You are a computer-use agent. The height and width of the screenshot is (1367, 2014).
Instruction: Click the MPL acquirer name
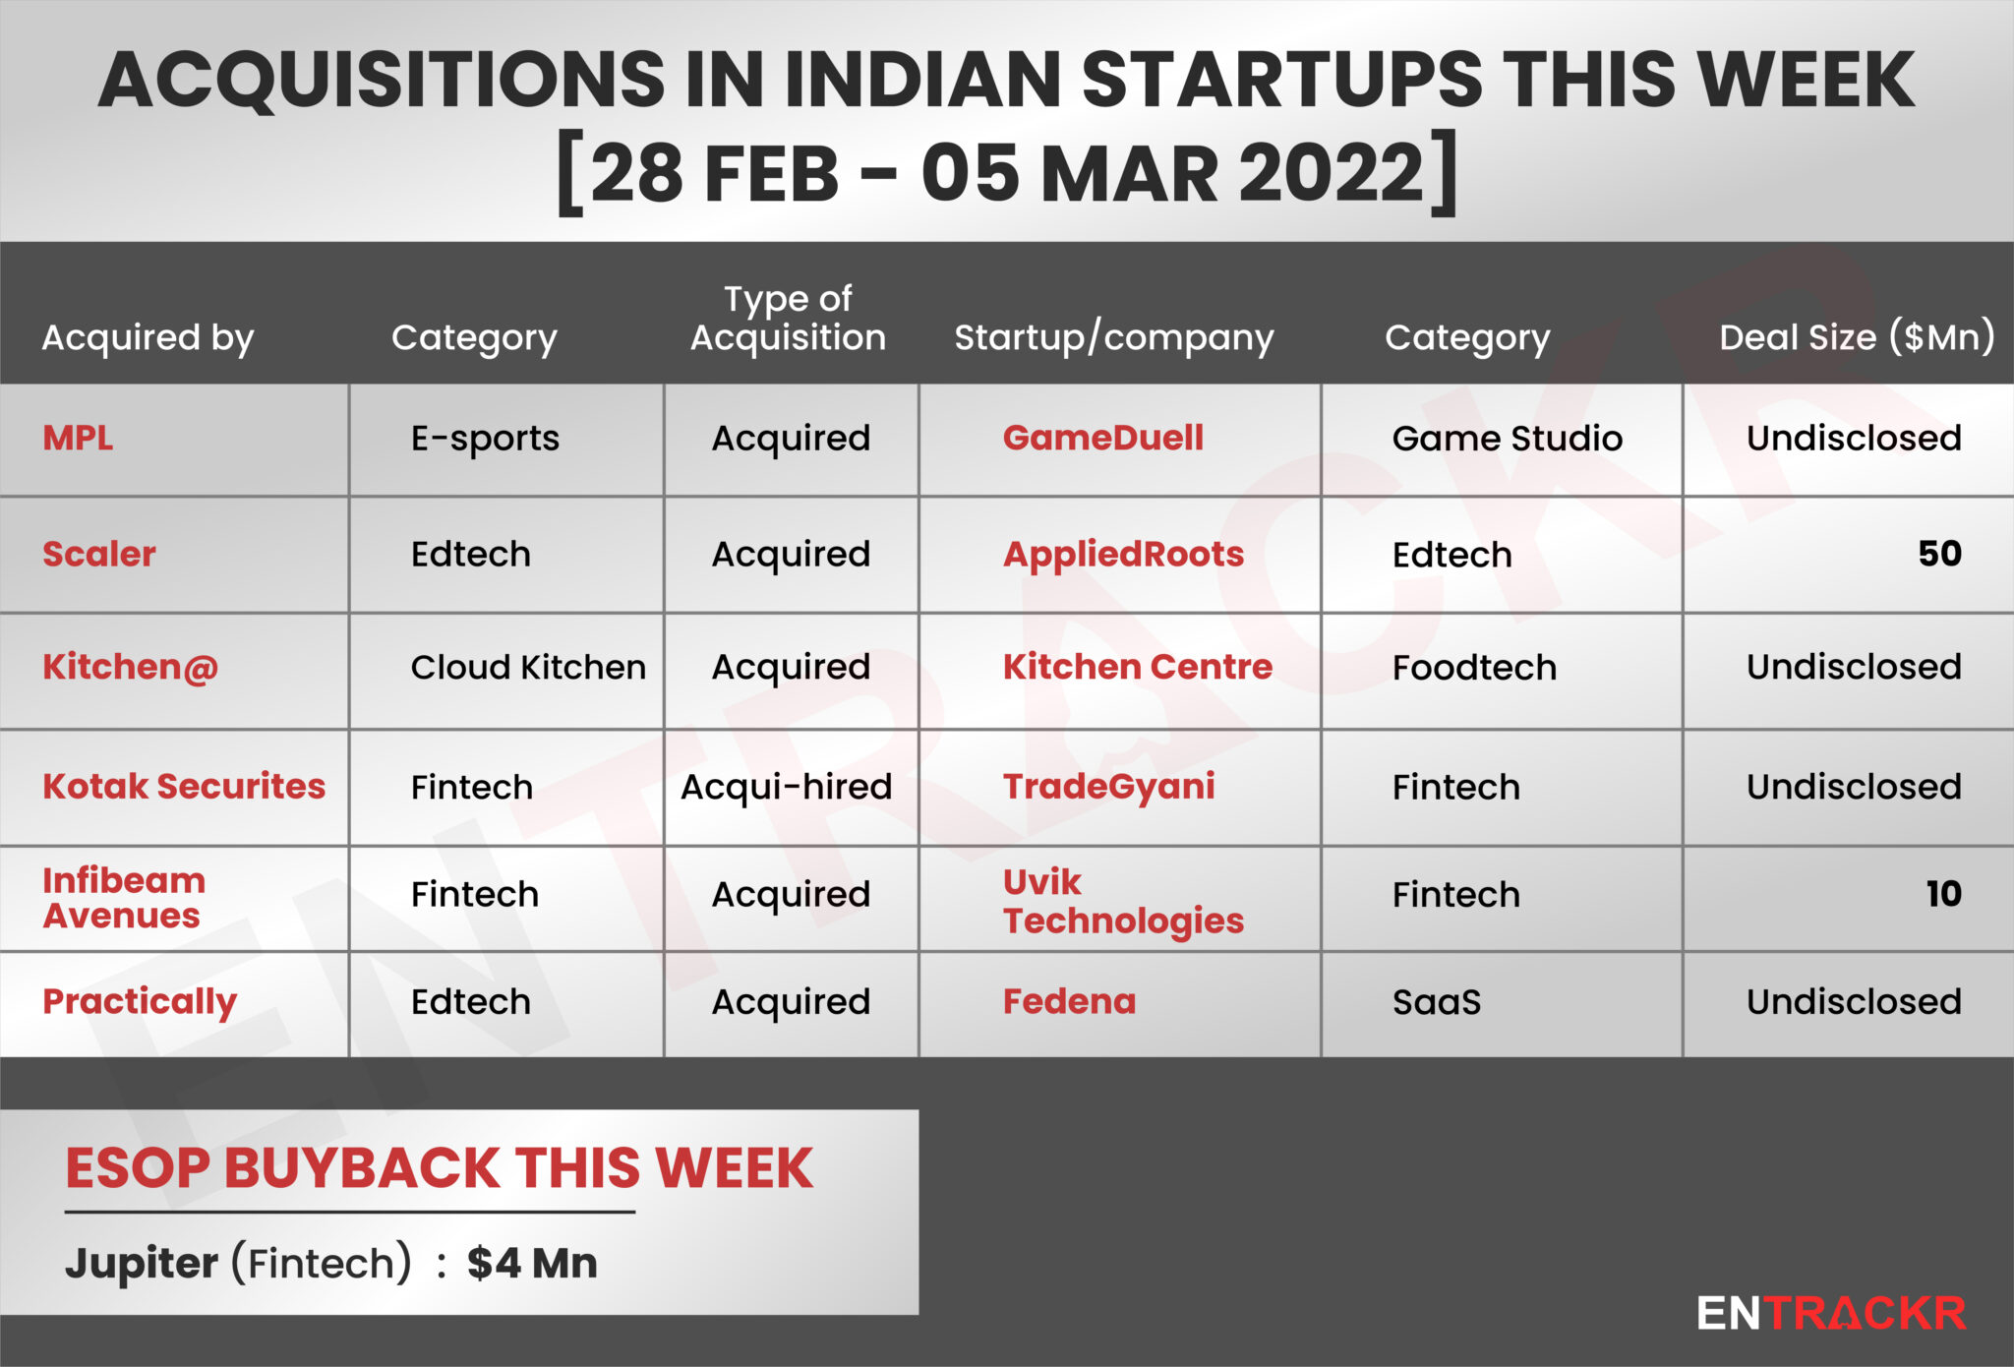(x=78, y=438)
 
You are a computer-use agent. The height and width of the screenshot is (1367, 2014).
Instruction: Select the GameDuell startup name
(x=1102, y=438)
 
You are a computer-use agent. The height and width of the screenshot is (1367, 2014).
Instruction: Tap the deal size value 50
(x=1939, y=553)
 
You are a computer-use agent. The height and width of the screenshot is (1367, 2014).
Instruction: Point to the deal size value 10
(x=1943, y=893)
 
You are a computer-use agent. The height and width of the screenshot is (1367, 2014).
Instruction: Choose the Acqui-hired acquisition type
(x=786, y=787)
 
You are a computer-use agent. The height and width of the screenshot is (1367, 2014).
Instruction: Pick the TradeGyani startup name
(x=1108, y=787)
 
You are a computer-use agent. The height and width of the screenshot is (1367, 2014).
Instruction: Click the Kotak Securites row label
(x=184, y=786)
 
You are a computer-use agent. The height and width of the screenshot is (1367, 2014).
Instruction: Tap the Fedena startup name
(x=1069, y=1001)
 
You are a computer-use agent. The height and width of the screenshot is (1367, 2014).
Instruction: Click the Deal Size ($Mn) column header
(x=1857, y=337)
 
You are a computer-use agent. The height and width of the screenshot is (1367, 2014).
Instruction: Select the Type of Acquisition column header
(x=788, y=318)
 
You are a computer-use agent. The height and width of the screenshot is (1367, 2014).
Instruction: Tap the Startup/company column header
(x=1113, y=337)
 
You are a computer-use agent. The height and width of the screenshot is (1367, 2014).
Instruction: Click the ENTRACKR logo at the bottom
(x=1831, y=1313)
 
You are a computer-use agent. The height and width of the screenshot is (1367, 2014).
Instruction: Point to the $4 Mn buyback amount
(x=532, y=1263)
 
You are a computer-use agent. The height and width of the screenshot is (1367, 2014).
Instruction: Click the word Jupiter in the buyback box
(x=142, y=1264)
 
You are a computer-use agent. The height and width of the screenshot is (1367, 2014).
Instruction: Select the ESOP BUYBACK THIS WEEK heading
(x=440, y=1168)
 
